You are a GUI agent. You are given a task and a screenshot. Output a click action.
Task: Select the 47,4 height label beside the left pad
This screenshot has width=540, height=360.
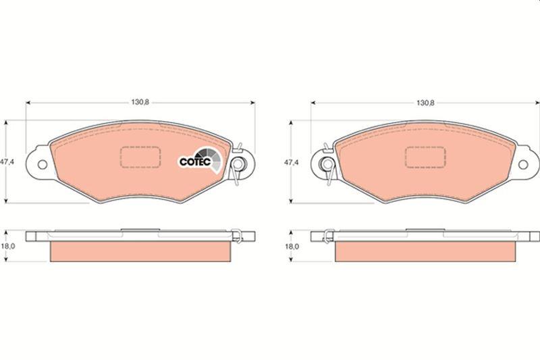point(7,162)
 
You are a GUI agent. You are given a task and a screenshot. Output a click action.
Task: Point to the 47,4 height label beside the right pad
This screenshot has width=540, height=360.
point(291,162)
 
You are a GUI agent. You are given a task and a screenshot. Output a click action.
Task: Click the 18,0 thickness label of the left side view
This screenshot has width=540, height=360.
point(7,247)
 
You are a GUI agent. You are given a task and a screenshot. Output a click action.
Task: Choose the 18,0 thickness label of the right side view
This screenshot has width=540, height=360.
point(291,247)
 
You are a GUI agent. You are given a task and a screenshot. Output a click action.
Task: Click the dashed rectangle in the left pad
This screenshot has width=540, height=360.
point(140,157)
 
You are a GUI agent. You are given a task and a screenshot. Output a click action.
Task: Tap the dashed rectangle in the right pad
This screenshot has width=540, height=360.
point(425,157)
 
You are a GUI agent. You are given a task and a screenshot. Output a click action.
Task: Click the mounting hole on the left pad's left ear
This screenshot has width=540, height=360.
point(41,164)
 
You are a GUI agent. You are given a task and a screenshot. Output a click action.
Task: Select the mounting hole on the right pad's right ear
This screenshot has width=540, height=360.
point(524,164)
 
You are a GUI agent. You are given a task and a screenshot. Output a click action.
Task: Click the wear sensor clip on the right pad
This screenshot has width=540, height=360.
point(327,163)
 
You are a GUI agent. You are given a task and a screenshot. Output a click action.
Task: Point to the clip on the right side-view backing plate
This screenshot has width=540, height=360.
point(327,235)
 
